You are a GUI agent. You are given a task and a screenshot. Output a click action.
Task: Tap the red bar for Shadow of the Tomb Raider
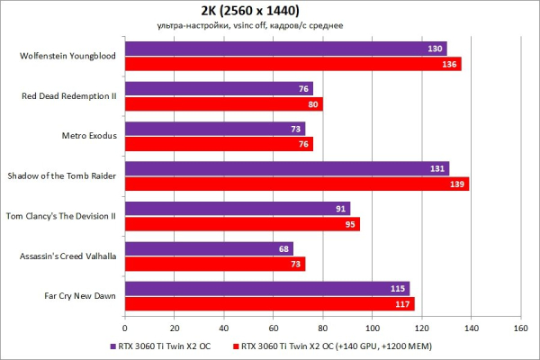296,184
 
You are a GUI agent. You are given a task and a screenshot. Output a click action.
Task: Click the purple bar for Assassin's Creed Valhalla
209,248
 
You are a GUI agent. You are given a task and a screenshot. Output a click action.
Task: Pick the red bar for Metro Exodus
219,144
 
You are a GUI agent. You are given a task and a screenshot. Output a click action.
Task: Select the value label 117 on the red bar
404,303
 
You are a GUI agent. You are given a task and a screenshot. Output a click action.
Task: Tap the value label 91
340,209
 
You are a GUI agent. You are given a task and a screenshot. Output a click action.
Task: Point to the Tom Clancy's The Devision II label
62,215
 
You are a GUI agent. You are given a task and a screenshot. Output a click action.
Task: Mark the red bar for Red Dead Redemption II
223,103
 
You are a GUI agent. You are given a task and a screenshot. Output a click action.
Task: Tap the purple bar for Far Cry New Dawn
266,288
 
